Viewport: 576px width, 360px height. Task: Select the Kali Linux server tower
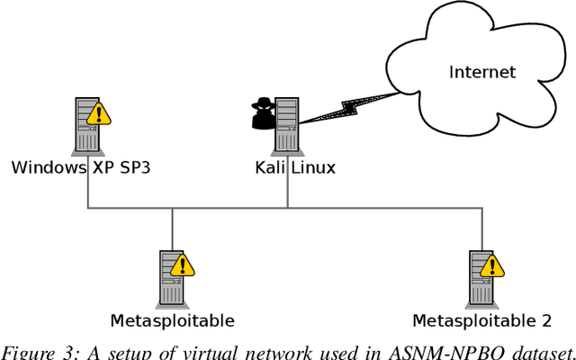286,125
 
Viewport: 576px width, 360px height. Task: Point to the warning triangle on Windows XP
99,113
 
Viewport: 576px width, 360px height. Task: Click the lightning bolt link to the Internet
338,107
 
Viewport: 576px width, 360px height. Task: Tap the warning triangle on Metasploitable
183,265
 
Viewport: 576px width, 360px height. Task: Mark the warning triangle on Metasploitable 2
490,265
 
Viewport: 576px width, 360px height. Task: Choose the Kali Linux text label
286,167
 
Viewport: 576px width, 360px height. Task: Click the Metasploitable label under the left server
172,320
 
